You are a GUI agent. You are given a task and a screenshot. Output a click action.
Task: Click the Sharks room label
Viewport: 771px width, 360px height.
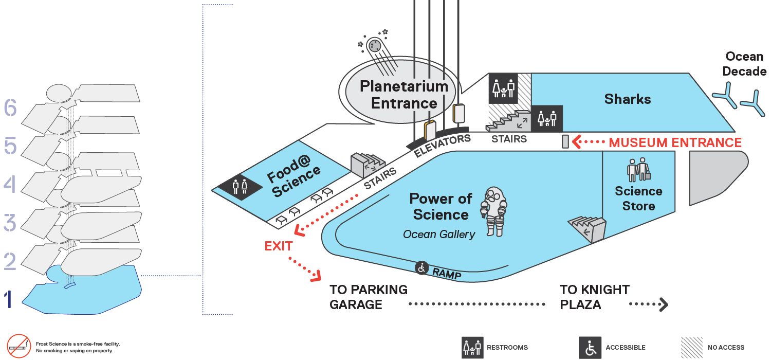click(628, 99)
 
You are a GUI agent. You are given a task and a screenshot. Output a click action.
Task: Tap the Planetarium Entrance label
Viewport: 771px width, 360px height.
click(404, 95)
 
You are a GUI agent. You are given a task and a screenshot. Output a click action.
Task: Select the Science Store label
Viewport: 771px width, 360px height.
click(638, 199)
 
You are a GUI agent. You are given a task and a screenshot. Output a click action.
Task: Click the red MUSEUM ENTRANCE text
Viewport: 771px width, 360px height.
click(675, 142)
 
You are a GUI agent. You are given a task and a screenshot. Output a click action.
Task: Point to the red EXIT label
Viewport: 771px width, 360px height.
click(279, 246)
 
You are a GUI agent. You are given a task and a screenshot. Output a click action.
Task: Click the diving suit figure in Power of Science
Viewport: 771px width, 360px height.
click(494, 211)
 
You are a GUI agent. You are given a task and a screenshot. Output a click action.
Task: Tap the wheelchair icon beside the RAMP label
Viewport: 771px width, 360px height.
click(421, 267)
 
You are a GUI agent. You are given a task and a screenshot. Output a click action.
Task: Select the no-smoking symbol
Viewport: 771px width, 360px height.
click(19, 346)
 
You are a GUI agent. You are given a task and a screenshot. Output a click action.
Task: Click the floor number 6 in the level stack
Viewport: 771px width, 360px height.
click(10, 107)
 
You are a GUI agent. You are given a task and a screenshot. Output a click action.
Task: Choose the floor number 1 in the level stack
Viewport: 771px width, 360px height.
click(9, 299)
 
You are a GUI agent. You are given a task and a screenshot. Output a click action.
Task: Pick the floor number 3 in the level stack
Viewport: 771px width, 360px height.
click(10, 223)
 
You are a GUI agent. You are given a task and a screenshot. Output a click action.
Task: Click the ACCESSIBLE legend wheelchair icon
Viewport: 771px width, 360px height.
click(590, 348)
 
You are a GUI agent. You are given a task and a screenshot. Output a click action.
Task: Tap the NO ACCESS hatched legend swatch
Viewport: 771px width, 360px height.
click(692, 348)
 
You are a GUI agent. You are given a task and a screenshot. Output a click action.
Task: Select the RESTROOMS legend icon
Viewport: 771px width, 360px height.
click(472, 348)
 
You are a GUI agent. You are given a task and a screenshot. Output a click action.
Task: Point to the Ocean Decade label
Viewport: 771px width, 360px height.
click(744, 64)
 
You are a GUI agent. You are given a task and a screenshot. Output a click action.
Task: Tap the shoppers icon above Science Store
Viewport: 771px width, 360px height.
click(638, 170)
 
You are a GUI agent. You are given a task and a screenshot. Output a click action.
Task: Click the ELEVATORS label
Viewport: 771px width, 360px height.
click(442, 146)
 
